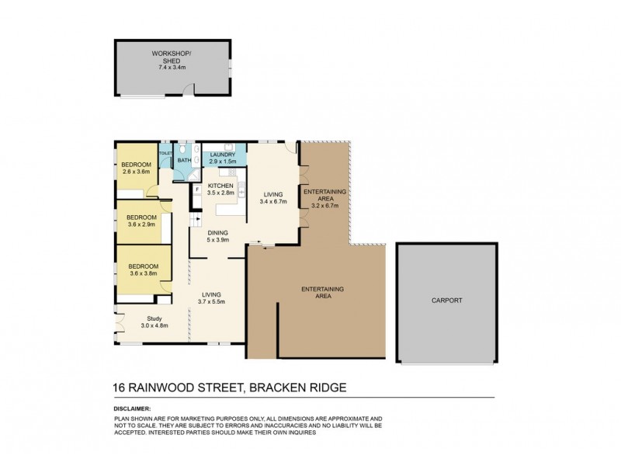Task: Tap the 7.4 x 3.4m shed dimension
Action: coord(172,68)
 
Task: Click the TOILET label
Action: coord(165,154)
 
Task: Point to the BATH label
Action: coord(183,161)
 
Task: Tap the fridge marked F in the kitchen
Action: coord(197,189)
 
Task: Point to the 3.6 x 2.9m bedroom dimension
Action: coord(142,224)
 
